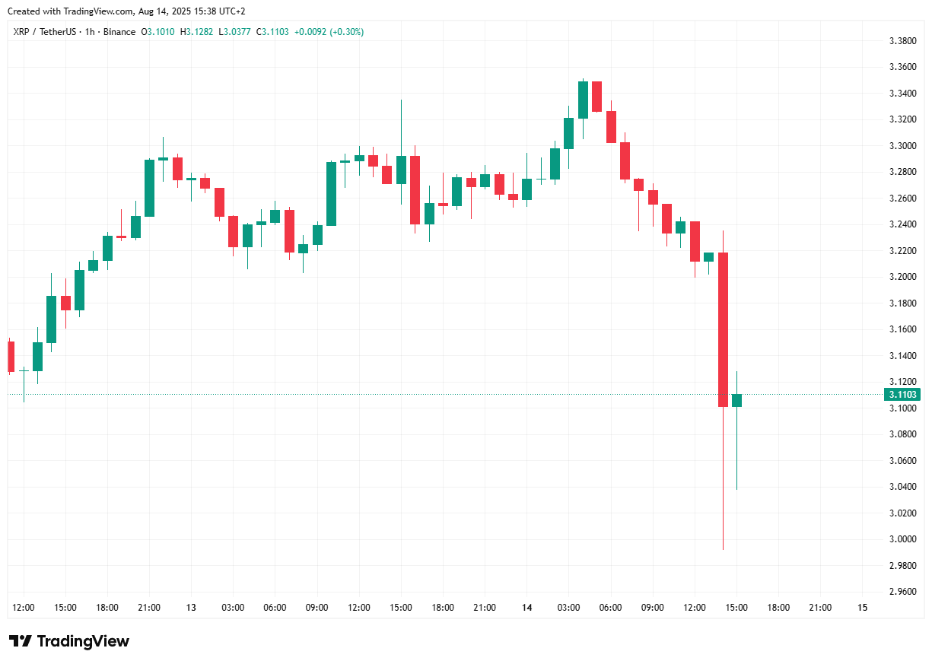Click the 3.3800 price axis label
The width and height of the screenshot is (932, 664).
[902, 41]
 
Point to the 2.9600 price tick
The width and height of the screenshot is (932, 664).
[902, 592]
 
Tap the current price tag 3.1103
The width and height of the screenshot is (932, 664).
[902, 395]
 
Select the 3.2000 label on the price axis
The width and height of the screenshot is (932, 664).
[902, 277]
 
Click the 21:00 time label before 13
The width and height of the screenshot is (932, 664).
[149, 608]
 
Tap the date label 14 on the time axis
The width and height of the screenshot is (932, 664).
[526, 608]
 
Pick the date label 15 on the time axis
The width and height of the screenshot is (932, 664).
[862, 608]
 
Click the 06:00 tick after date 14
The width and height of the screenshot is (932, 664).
[610, 608]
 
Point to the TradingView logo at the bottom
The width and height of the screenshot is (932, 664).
[69, 641]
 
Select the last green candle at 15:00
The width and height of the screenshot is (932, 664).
[736, 400]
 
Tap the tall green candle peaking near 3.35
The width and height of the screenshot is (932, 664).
[584, 100]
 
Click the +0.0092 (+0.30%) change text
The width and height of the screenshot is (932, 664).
[329, 32]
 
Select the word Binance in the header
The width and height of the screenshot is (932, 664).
[120, 32]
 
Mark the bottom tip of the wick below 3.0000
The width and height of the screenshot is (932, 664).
[723, 549]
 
